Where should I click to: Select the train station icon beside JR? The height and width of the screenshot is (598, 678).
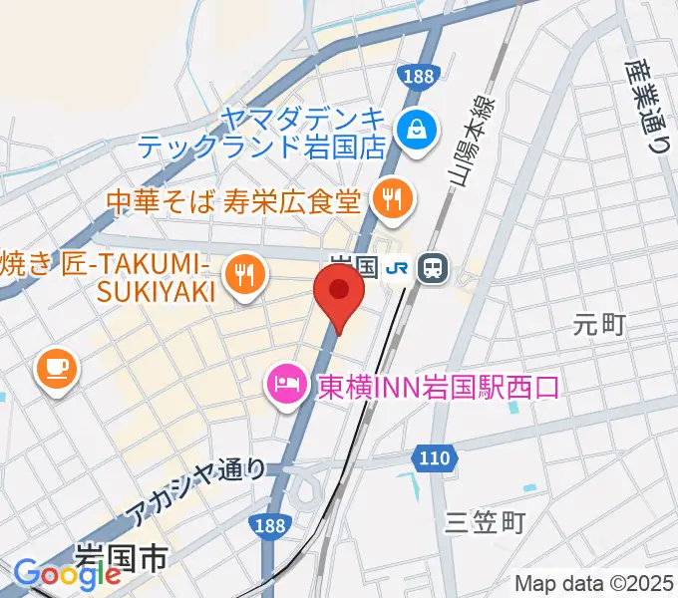tap(434, 266)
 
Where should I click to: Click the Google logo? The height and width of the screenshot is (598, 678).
tap(67, 574)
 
